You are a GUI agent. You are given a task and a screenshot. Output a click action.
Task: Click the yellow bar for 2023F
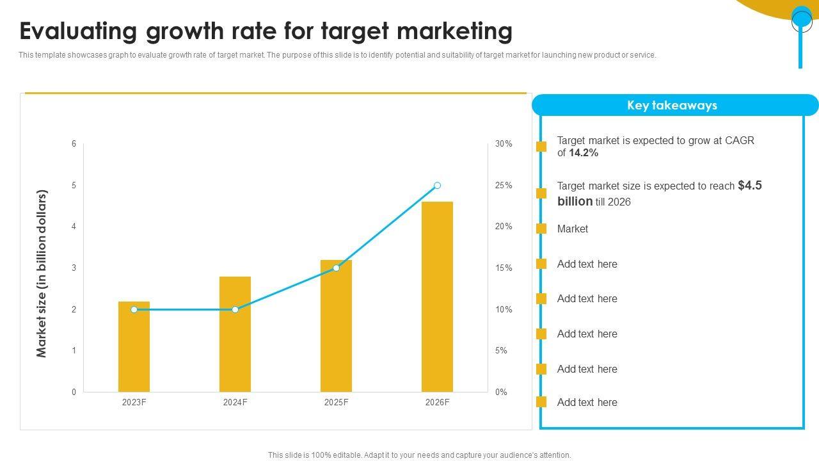(x=134, y=349)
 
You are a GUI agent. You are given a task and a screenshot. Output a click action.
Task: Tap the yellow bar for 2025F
(x=336, y=327)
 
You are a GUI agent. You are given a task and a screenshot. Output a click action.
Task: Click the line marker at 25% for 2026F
(x=437, y=186)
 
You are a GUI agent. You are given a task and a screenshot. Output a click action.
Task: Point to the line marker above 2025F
(x=336, y=268)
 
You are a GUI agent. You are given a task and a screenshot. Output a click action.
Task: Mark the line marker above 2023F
(x=134, y=309)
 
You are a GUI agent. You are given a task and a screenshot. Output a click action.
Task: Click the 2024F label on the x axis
(x=235, y=403)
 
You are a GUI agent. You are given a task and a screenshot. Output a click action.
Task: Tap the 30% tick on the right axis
(x=504, y=144)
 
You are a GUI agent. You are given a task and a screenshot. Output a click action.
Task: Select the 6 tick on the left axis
(x=74, y=144)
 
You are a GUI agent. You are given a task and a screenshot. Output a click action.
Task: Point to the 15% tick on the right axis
(x=504, y=268)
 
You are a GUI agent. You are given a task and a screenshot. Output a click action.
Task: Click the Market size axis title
(x=42, y=273)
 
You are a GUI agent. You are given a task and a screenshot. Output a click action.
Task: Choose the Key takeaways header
(x=672, y=106)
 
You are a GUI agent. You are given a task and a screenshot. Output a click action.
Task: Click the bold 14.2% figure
(x=584, y=153)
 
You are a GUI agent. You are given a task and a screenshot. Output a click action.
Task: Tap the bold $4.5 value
(x=749, y=186)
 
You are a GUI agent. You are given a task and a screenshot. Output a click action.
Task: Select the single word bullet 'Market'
(x=572, y=229)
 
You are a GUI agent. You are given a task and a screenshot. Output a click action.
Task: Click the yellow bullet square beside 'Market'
(x=541, y=229)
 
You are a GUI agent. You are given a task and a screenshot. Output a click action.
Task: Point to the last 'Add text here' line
(x=587, y=403)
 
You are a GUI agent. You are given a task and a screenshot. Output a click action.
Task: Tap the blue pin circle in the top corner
(x=802, y=20)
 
